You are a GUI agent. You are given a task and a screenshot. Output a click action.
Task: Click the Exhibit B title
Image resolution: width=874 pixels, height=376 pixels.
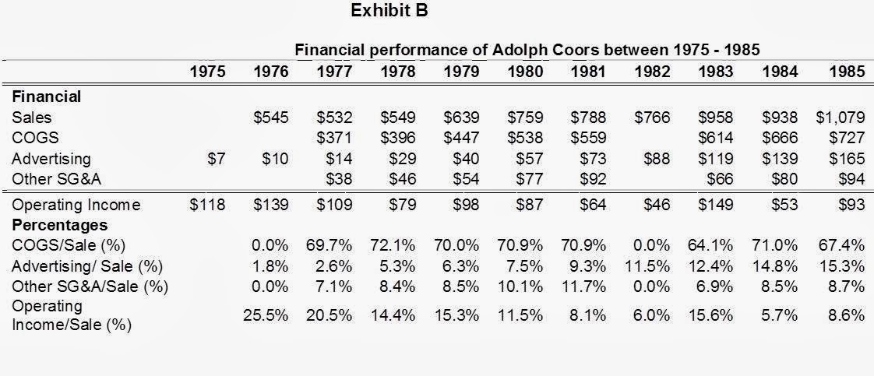pyautogui.click(x=389, y=11)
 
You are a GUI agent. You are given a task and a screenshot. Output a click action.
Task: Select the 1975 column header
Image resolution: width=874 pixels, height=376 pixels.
pyautogui.click(x=207, y=72)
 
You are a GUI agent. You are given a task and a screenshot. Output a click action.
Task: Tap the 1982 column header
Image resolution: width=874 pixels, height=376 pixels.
pyautogui.click(x=652, y=72)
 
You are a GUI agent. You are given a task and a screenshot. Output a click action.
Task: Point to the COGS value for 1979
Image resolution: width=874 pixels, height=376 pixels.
pyautogui.click(x=461, y=138)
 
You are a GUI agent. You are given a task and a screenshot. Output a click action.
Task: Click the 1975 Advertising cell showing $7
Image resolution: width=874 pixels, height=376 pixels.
pyautogui.click(x=217, y=159)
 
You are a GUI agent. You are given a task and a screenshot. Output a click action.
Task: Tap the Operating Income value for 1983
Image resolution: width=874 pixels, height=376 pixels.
pyautogui.click(x=716, y=205)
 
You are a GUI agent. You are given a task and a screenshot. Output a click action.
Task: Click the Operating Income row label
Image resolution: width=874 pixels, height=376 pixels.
pyautogui.click(x=76, y=206)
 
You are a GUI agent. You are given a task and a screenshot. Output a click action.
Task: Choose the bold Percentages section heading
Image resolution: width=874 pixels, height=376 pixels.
pyautogui.click(x=60, y=226)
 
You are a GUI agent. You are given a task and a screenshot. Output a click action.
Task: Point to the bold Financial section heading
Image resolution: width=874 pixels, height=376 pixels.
pyautogui.click(x=46, y=97)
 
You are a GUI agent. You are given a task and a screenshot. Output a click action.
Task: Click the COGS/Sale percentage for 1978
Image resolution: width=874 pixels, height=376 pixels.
pyautogui.click(x=393, y=246)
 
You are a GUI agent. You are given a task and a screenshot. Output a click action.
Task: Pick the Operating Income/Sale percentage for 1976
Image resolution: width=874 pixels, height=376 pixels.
pyautogui.click(x=266, y=316)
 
